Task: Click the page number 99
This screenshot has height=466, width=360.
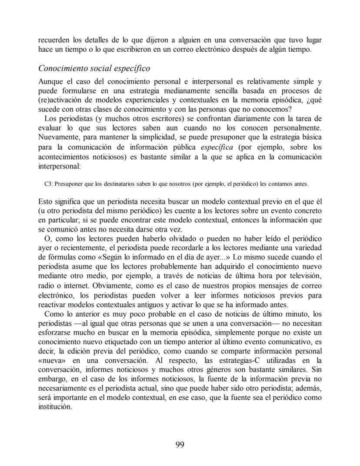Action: pyautogui.click(x=180, y=444)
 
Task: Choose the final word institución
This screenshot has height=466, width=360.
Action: pyautogui.click(x=54, y=407)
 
